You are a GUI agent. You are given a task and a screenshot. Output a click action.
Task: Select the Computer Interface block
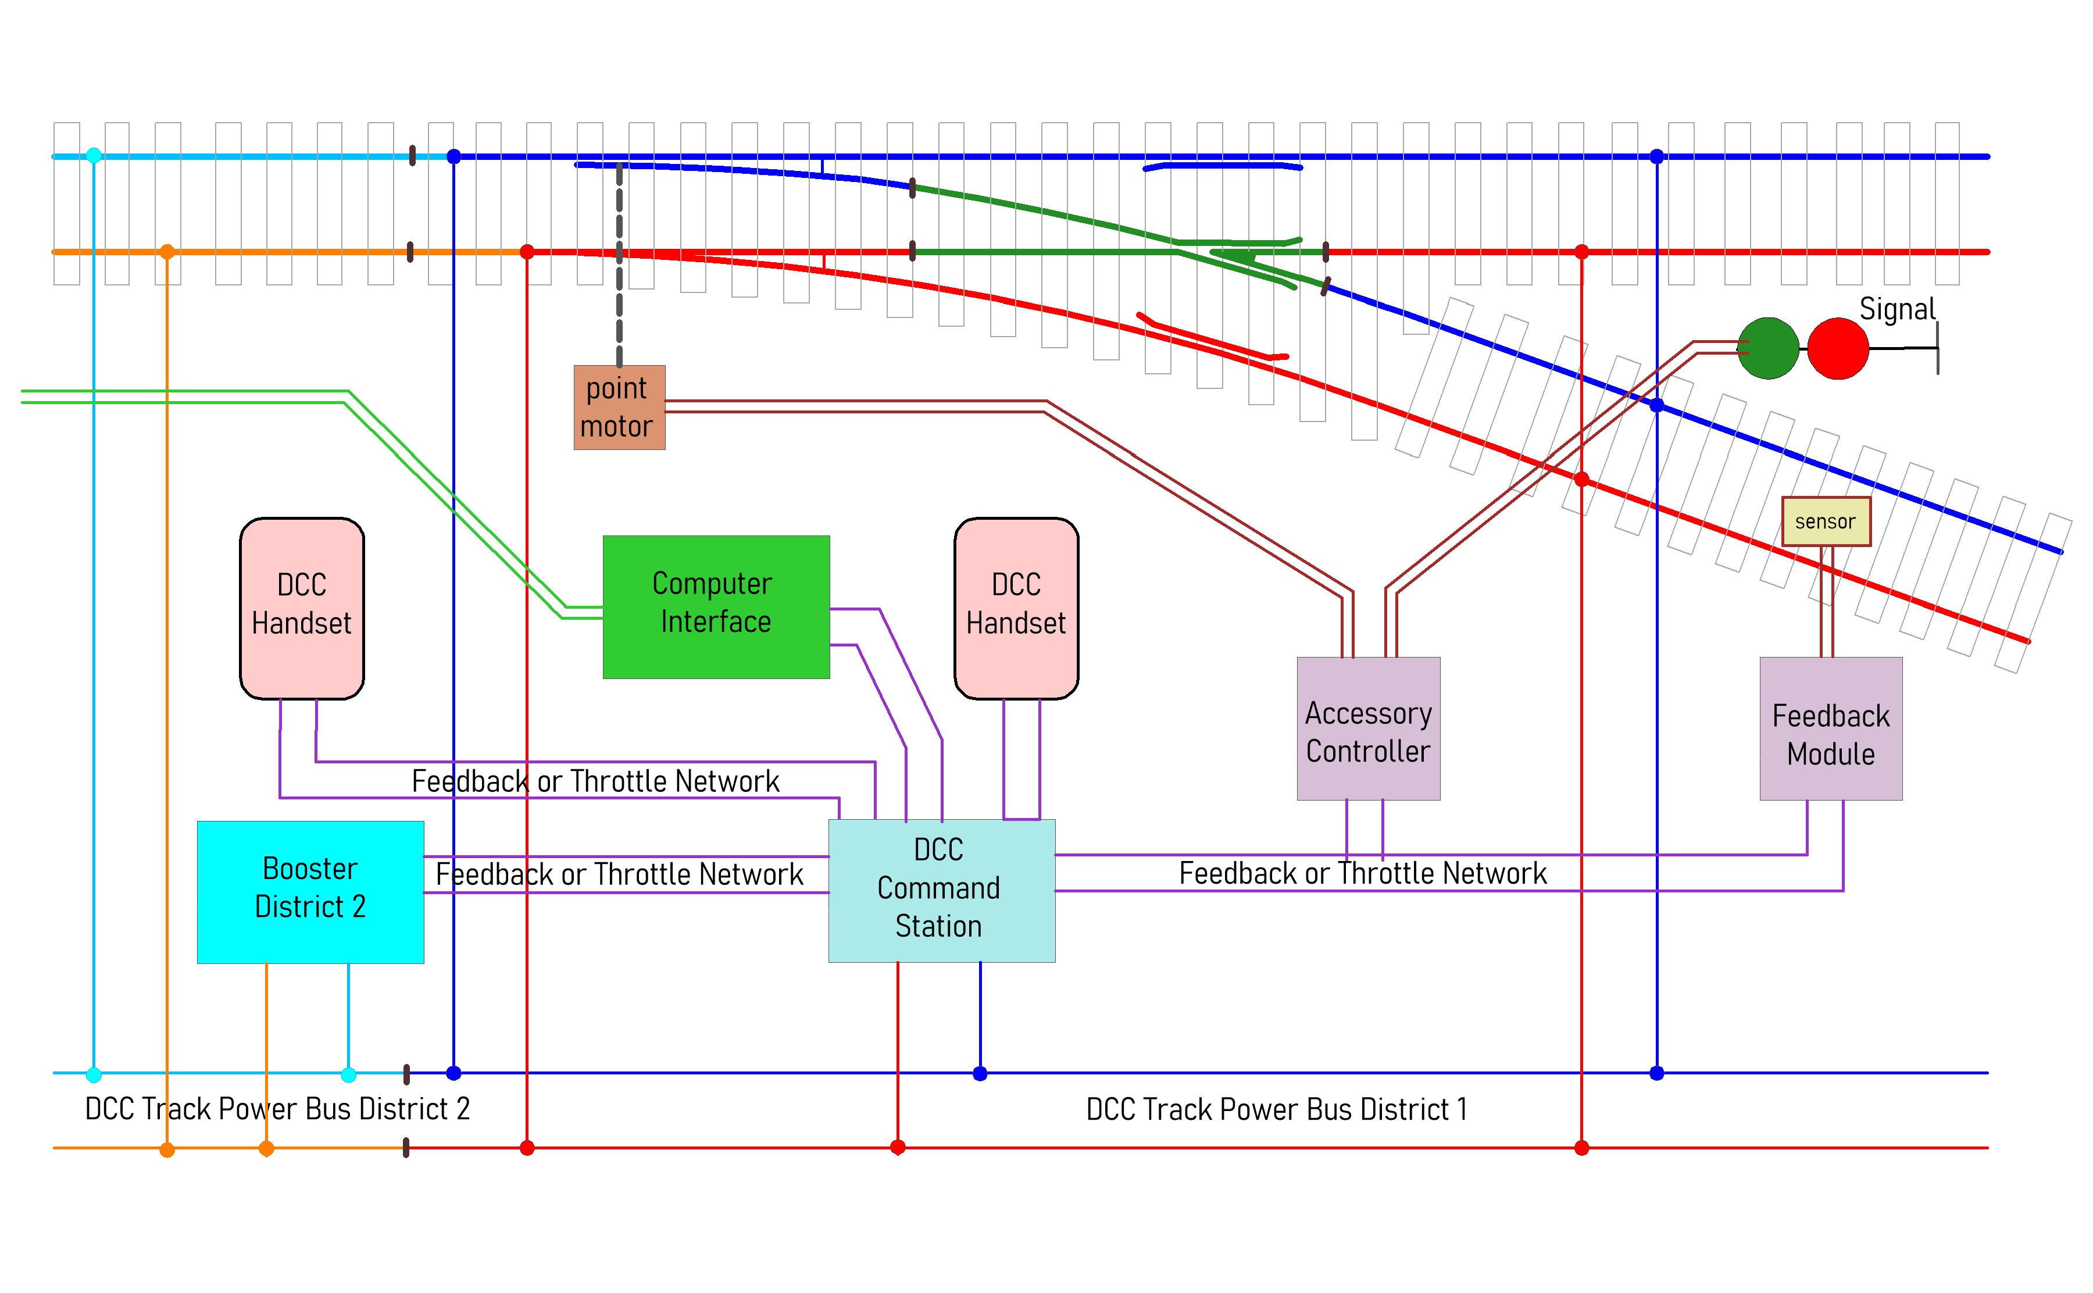pos(716,606)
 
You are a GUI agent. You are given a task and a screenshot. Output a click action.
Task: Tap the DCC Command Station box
pos(941,890)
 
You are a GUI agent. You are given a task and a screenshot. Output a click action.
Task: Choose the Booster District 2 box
pos(310,892)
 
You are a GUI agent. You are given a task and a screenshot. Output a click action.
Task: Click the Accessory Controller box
pos(1368,728)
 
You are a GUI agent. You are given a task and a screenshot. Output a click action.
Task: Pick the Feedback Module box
pos(1831,728)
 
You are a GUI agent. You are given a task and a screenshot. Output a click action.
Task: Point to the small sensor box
pos(1826,522)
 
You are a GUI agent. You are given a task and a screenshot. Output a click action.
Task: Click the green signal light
pos(1768,348)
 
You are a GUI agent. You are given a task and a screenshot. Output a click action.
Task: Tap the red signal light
pos(1838,348)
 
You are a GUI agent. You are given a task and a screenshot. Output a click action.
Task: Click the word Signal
pos(1896,309)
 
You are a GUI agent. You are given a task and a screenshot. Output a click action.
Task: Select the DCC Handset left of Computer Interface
pos(302,608)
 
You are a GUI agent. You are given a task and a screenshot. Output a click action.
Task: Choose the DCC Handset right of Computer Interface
pos(1016,608)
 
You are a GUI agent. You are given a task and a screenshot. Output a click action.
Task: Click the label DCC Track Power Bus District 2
pos(277,1109)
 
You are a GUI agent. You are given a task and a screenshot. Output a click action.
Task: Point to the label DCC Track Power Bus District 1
pos(1277,1110)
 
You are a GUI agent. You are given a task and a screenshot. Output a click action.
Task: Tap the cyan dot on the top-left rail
pos(94,156)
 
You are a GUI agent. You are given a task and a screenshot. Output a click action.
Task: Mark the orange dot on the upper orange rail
pos(167,251)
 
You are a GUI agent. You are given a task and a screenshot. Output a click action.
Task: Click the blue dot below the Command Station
pos(980,1073)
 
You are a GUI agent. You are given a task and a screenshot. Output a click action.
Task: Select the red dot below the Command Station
pos(898,1148)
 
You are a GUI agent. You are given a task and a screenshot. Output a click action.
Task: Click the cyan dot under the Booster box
pos(348,1074)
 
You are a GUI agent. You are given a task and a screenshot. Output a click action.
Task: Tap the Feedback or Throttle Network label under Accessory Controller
pos(1362,873)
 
